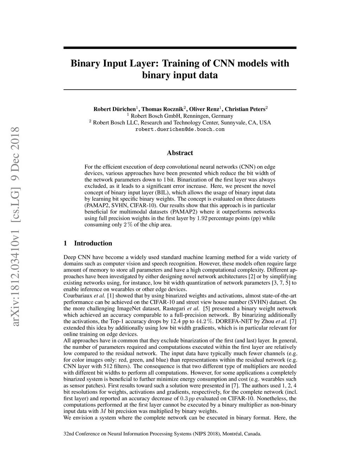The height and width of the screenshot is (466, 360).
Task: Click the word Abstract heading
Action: coord(180,153)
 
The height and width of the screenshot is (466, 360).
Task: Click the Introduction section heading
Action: coord(93,243)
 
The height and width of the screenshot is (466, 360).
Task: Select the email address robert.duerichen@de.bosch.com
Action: coord(180,129)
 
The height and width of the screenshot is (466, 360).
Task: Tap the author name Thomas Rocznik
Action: coord(163,109)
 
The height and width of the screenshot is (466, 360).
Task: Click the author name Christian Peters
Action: coord(245,109)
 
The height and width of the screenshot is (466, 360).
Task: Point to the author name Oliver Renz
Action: coord(204,109)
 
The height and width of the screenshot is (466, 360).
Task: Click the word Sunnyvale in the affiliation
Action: coord(236,123)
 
